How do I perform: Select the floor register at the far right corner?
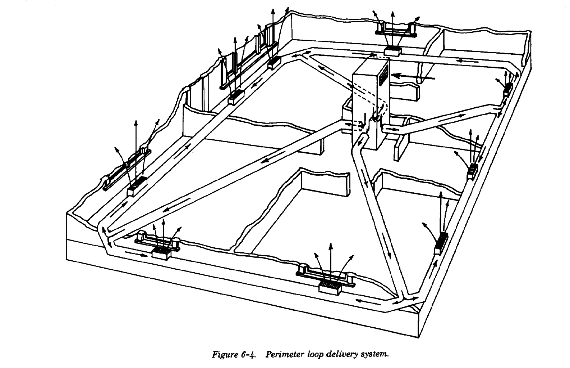508,89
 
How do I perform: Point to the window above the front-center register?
325,274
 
